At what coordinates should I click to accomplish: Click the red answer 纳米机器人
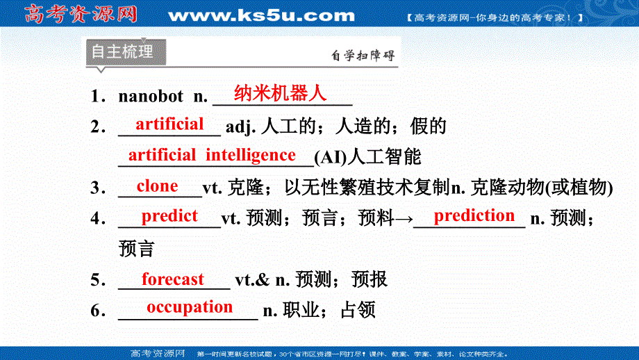click(280, 93)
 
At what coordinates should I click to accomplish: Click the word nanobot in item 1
click(151, 97)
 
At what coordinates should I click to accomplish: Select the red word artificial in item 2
click(169, 124)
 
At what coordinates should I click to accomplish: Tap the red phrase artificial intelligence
click(212, 154)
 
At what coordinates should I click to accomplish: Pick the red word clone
click(158, 186)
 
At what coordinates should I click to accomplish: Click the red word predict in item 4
click(169, 216)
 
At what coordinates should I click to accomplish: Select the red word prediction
click(474, 215)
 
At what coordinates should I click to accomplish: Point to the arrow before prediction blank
click(404, 219)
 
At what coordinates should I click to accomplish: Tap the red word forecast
click(173, 279)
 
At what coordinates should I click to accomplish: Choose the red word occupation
click(190, 306)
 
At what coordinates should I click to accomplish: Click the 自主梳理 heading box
click(123, 52)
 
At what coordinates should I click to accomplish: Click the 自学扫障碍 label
click(363, 56)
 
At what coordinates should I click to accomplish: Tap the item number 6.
click(97, 311)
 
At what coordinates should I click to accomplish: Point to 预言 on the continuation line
click(136, 248)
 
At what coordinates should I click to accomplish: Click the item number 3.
click(97, 188)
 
